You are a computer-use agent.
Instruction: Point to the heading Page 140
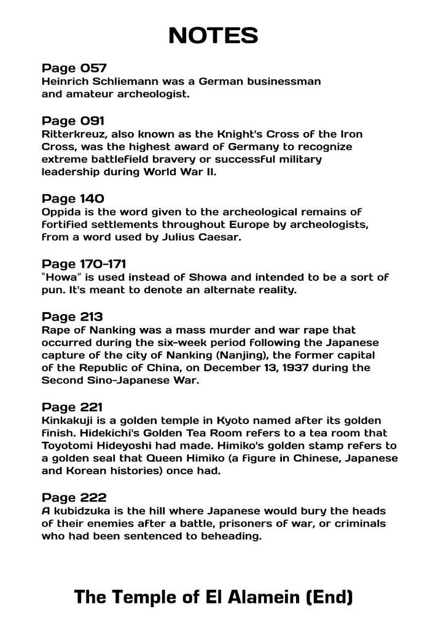tap(73, 198)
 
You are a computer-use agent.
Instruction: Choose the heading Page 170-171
tap(84, 264)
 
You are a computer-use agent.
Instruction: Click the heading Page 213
tap(72, 316)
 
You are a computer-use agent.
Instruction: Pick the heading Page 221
tap(72, 407)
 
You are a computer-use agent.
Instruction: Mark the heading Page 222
tap(73, 497)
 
